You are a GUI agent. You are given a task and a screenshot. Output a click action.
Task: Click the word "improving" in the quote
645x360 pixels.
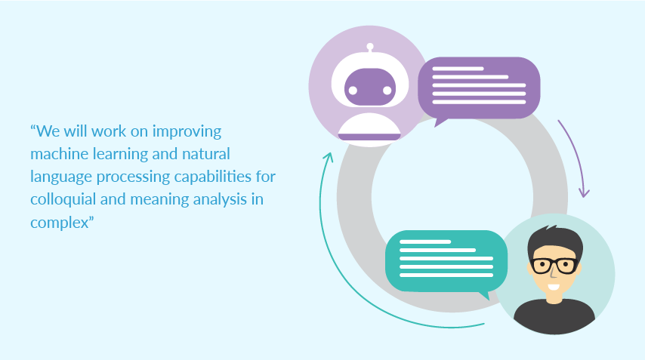pyautogui.click(x=187, y=132)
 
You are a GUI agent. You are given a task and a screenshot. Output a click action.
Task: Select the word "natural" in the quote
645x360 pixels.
pyautogui.click(x=206, y=154)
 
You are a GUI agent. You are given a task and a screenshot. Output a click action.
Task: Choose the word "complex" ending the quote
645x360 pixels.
pyautogui.click(x=60, y=223)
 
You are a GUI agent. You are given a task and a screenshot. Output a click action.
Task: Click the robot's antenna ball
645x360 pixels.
pyautogui.click(x=370, y=47)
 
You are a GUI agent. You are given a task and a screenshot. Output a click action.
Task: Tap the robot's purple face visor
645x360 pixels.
pyautogui.click(x=370, y=87)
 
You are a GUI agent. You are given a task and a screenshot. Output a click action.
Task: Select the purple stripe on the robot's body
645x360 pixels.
pyautogui.click(x=369, y=137)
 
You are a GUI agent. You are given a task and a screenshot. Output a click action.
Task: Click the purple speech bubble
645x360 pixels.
pyautogui.click(x=479, y=88)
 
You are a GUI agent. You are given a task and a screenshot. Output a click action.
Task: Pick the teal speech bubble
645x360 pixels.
pyautogui.click(x=446, y=261)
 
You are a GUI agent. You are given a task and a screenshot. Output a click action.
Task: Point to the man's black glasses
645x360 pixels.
pyautogui.click(x=554, y=266)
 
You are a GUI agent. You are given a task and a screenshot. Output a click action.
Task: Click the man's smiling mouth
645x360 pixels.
pyautogui.click(x=554, y=287)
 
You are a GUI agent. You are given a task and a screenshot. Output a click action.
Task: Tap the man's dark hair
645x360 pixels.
pyautogui.click(x=555, y=242)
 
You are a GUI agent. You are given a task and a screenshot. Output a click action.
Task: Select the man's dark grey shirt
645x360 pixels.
pyautogui.click(x=554, y=316)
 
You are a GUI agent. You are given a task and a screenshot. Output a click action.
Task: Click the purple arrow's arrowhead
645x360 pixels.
pyautogui.click(x=584, y=192)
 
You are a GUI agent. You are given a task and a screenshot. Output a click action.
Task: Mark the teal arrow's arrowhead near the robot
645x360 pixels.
pyautogui.click(x=329, y=157)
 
